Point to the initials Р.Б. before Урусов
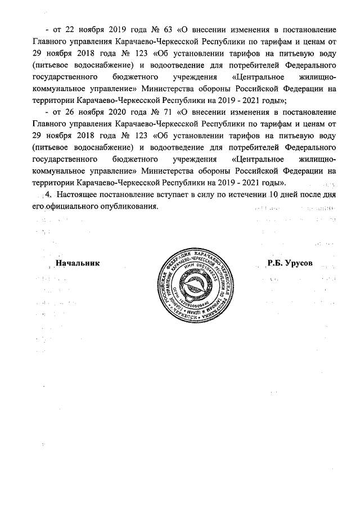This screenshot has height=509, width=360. point(276,264)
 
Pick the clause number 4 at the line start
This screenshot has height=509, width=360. point(47,195)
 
